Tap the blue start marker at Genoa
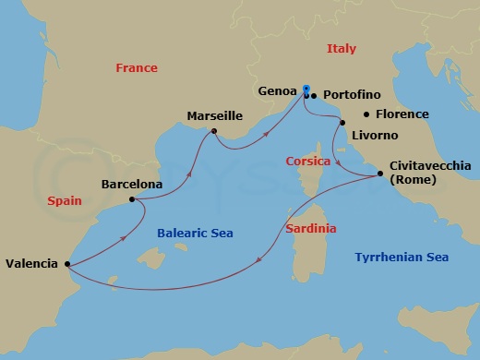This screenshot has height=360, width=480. pyautogui.click(x=306, y=89)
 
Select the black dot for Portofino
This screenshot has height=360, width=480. pyautogui.click(x=314, y=95)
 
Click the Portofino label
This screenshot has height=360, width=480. pyautogui.click(x=353, y=95)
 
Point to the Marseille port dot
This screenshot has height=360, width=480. pyautogui.click(x=213, y=132)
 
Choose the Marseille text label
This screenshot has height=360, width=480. pyautogui.click(x=214, y=116)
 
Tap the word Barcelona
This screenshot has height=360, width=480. pyautogui.click(x=132, y=184)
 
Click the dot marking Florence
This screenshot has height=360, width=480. pyautogui.click(x=367, y=114)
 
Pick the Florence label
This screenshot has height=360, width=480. pyautogui.click(x=402, y=114)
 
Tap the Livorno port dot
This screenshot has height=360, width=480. pyautogui.click(x=342, y=123)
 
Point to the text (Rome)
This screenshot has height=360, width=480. pyautogui.click(x=414, y=179)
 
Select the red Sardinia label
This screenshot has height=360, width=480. pyautogui.click(x=309, y=228)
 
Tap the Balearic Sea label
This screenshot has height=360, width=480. pyautogui.click(x=193, y=234)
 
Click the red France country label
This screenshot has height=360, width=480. pyautogui.click(x=136, y=68)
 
